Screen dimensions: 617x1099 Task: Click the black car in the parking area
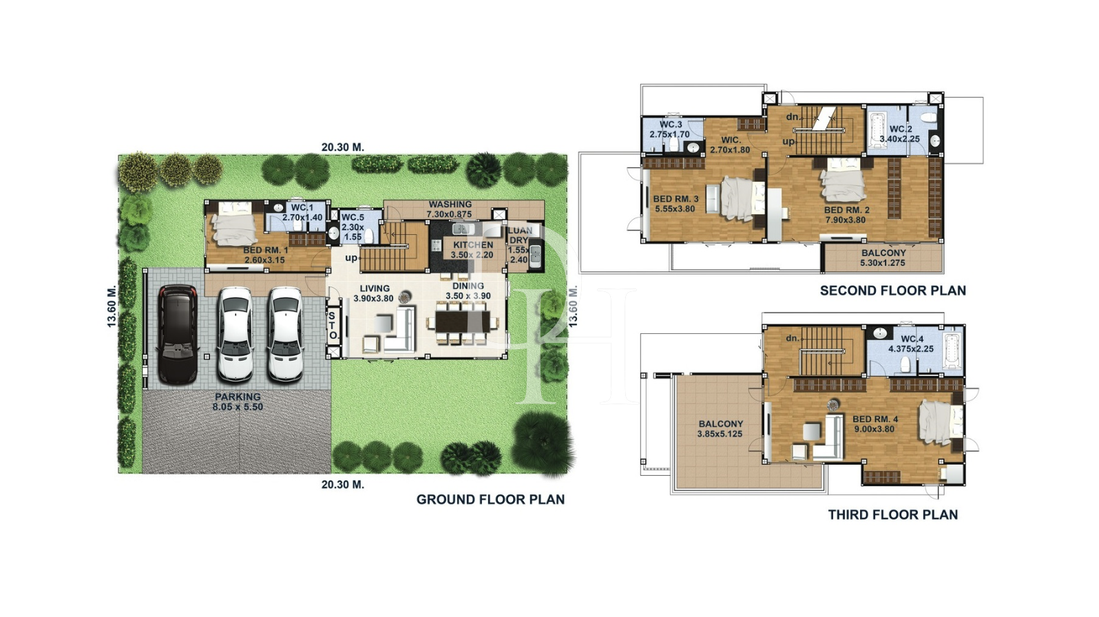pos(178,334)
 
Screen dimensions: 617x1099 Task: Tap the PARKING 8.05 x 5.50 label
pos(238,401)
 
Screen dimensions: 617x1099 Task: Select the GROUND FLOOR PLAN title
pos(490,499)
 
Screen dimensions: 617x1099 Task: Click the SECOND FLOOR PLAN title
pos(892,291)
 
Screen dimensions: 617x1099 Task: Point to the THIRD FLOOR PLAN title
pos(892,514)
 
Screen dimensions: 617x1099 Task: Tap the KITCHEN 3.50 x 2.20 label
pos(472,249)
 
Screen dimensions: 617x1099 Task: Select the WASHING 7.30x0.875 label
pos(450,209)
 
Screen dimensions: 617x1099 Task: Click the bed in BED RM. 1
pos(234,222)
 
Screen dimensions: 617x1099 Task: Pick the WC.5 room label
pos(353,227)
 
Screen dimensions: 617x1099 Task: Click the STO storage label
pos(333,326)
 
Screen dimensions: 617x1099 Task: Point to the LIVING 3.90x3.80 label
pos(374,293)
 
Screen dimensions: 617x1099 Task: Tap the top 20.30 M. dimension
pos(342,147)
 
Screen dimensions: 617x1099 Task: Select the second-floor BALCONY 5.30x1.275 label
pos(883,258)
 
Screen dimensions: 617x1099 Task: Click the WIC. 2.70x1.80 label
pos(730,145)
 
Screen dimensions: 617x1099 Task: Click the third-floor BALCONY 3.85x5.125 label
pos(720,429)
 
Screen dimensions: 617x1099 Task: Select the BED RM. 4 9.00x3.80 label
pos(875,423)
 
